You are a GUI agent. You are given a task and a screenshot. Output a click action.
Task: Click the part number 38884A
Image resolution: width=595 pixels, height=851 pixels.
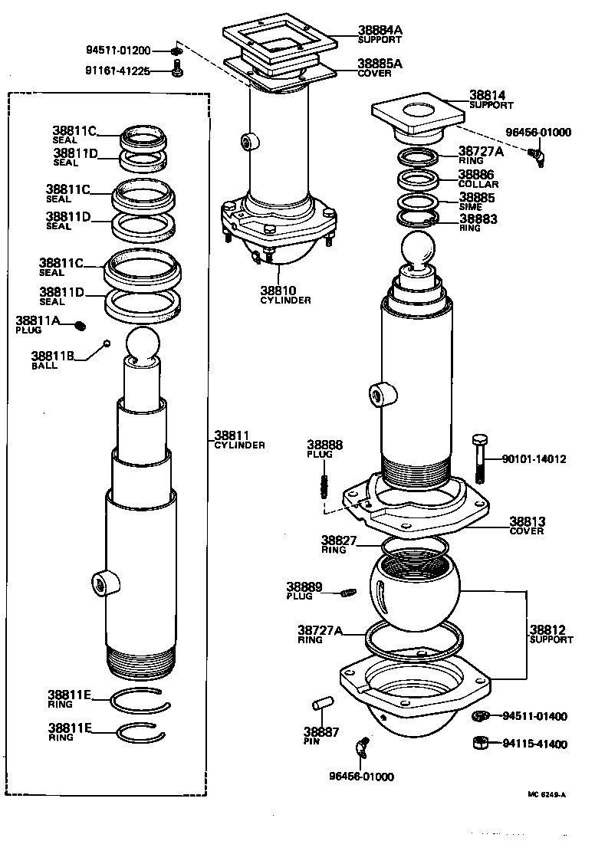pyautogui.click(x=380, y=30)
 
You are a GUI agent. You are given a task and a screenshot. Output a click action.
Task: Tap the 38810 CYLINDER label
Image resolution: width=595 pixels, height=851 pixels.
pyautogui.click(x=284, y=294)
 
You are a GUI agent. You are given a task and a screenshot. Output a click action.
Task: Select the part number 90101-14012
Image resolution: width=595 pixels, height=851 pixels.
pyautogui.click(x=534, y=459)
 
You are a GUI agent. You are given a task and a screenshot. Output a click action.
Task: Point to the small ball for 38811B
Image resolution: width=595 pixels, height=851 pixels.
pyautogui.click(x=107, y=343)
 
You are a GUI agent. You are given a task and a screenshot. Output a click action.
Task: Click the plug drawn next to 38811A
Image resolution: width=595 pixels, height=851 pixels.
pyautogui.click(x=81, y=327)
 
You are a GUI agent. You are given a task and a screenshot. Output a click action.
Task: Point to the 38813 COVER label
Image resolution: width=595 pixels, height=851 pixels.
pyautogui.click(x=527, y=525)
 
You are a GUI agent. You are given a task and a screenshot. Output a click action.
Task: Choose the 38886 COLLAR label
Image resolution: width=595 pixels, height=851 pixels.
pyautogui.click(x=478, y=179)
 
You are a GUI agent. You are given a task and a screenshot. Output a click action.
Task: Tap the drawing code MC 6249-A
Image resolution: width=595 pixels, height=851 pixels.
pyautogui.click(x=545, y=794)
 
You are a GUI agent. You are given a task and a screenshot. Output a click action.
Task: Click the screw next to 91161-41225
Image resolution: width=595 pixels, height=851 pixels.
pyautogui.click(x=177, y=71)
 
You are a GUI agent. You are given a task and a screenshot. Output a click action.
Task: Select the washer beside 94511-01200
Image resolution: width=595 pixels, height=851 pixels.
pyautogui.click(x=177, y=51)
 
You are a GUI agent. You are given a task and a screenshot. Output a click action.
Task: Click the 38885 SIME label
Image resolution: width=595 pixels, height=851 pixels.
pyautogui.click(x=477, y=201)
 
